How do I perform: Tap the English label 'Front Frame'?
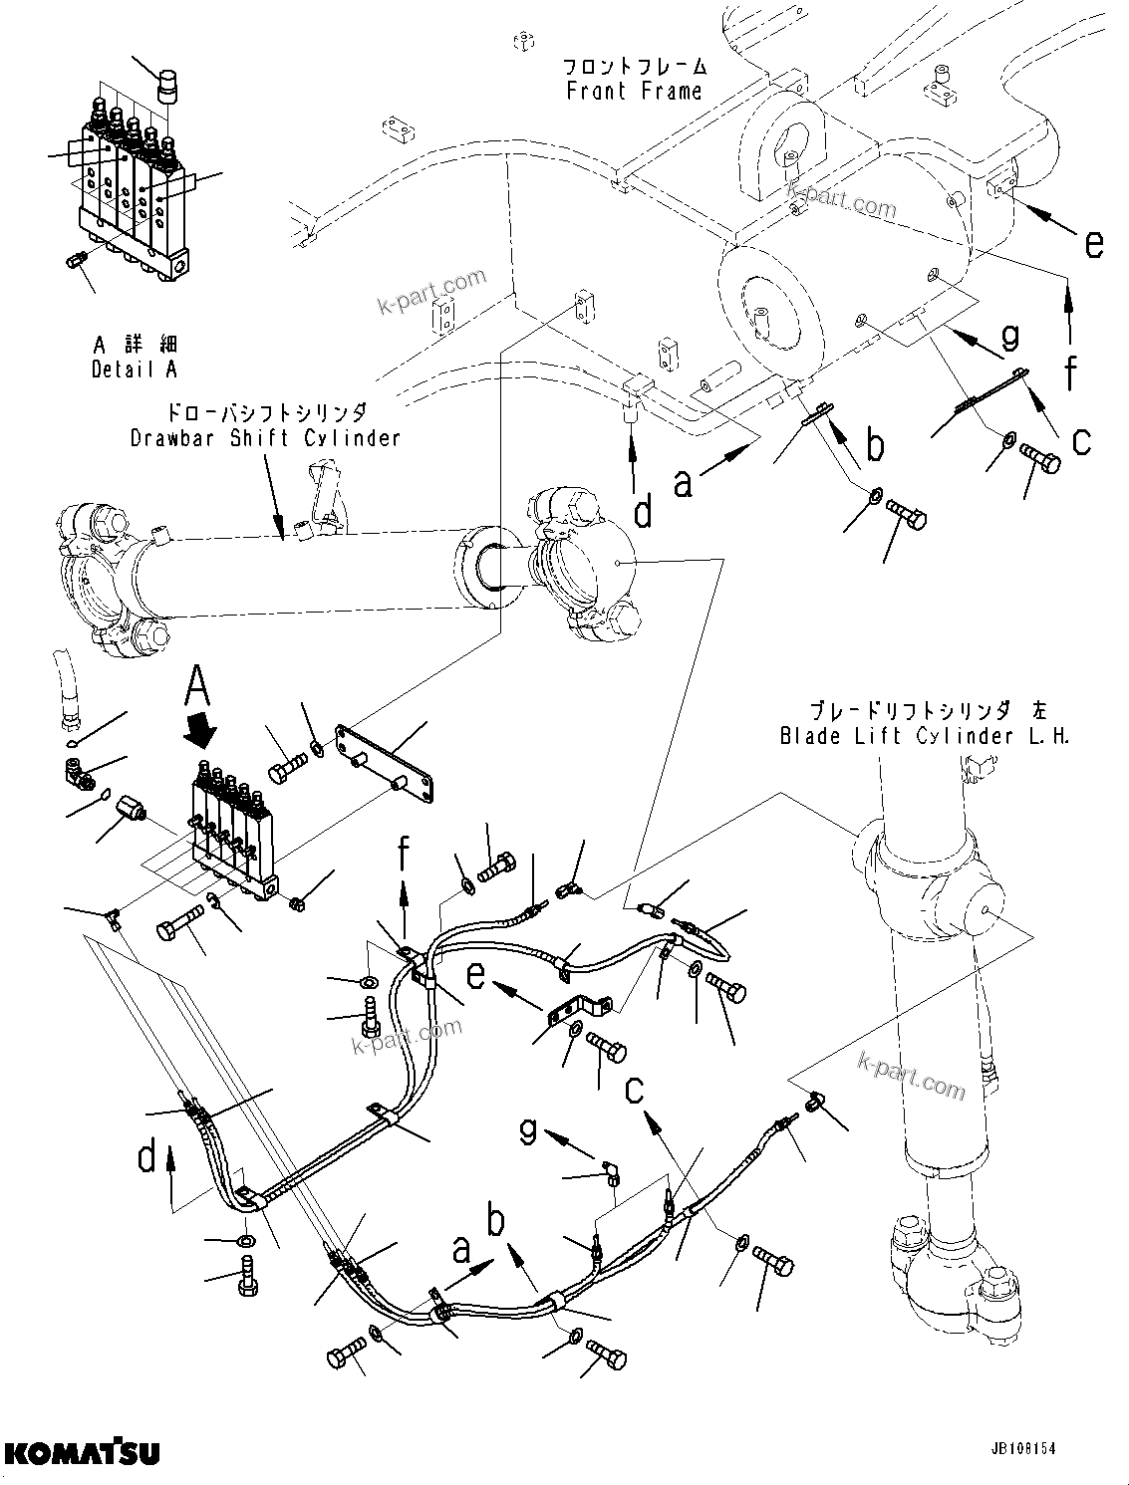pyautogui.click(x=634, y=92)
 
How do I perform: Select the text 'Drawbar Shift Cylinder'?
pyautogui.click(x=265, y=438)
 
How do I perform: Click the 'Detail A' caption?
pyautogui.click(x=135, y=370)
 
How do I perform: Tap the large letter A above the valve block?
pyautogui.click(x=199, y=686)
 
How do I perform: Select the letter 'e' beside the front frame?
pyautogui.click(x=1093, y=243)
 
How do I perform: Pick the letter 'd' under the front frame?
pyautogui.click(x=644, y=511)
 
